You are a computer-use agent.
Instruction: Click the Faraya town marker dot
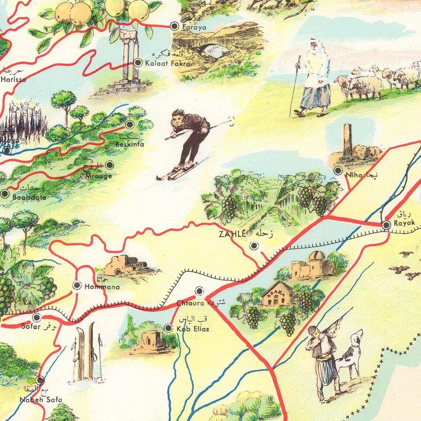point(174,26)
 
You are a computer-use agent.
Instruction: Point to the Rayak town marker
point(386,225)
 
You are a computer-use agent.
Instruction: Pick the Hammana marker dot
point(77,285)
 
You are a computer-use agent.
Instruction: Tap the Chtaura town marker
point(199,291)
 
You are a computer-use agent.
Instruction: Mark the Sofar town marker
point(37,317)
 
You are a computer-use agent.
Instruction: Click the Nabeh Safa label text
point(41,399)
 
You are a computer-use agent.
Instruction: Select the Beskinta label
point(129,144)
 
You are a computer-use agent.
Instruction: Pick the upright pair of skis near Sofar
point(85,353)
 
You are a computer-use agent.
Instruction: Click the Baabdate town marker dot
point(4,193)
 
